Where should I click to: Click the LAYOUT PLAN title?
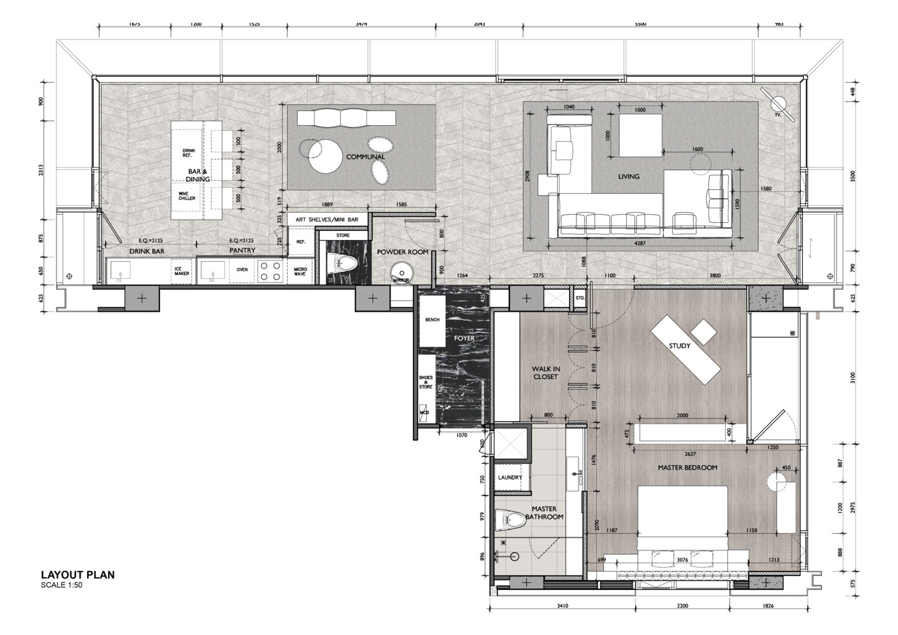(77, 575)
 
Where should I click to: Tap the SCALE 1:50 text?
(62, 585)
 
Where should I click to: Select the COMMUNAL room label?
(365, 157)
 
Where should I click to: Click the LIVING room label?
(629, 177)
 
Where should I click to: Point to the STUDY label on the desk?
(680, 346)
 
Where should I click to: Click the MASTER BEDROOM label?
(687, 467)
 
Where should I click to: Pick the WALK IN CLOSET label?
(546, 373)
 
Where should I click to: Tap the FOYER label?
(464, 338)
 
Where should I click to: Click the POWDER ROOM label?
(403, 252)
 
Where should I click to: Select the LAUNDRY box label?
(510, 478)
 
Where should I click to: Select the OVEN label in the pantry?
(242, 270)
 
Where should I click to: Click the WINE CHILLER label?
(187, 196)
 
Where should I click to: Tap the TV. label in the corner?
(777, 116)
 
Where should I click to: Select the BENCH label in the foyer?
(432, 320)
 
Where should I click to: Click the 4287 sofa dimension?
(645, 242)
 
